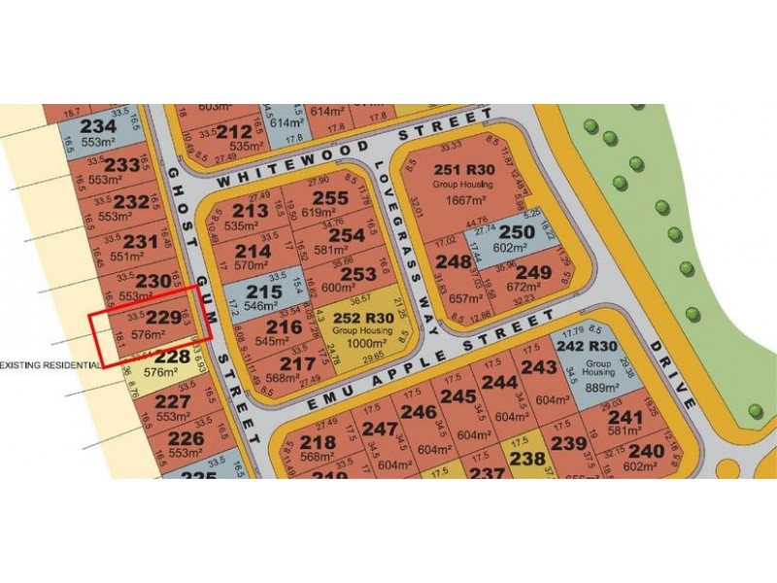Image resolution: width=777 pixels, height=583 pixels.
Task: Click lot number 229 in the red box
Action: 164,318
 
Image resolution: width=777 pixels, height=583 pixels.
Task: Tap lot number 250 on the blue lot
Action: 517,232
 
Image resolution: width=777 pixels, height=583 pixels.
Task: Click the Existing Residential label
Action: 51,364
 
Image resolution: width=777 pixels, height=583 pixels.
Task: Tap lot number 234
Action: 98,126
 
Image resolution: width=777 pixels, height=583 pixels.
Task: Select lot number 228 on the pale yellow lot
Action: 172,357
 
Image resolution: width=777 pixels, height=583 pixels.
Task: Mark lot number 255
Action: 330,199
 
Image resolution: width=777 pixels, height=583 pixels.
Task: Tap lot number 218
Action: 317,442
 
